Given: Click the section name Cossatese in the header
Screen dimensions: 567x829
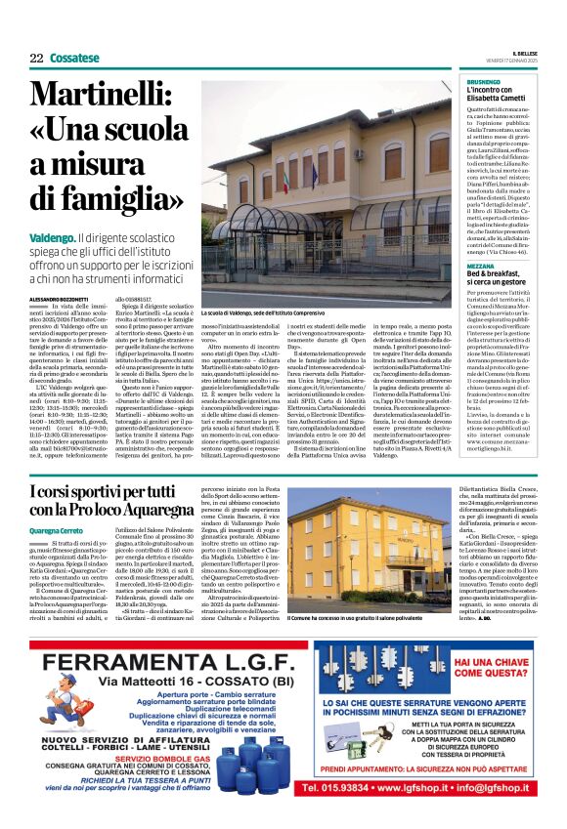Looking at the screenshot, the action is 73,58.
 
